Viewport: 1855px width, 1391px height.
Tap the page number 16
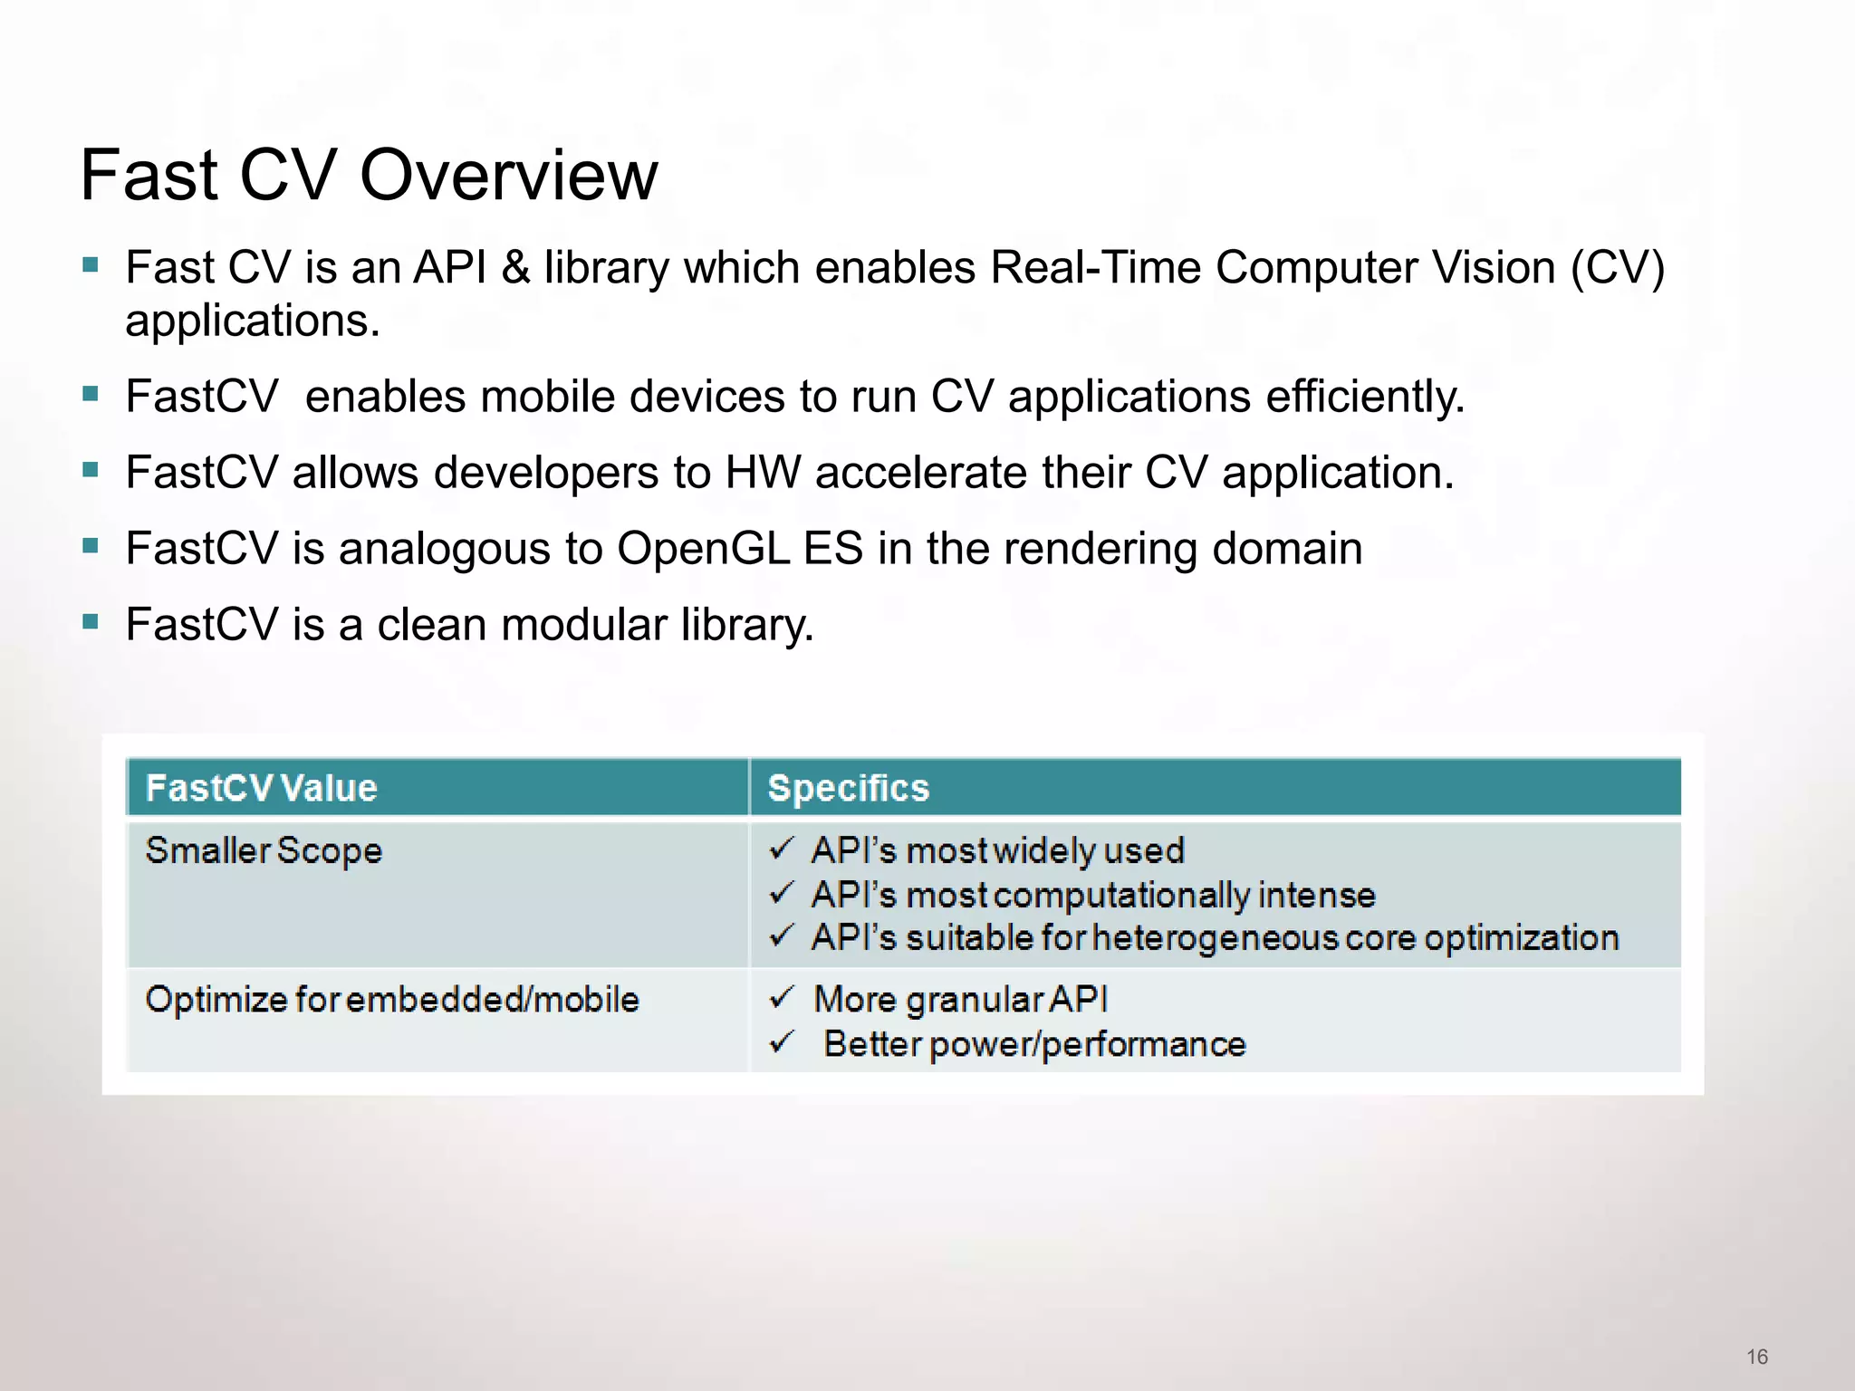[x=1757, y=1357]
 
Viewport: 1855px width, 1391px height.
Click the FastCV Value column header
[x=261, y=788]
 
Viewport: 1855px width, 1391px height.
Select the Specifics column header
[x=849, y=788]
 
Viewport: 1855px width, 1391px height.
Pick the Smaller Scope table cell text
[x=264, y=851]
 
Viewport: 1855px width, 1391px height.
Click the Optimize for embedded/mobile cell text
[x=392, y=1000]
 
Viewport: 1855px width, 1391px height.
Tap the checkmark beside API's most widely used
[x=782, y=849]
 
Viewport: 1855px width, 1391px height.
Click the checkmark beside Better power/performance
[x=782, y=1043]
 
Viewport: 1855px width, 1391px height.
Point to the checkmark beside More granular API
[x=782, y=999]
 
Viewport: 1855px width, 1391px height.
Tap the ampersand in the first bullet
[x=515, y=268]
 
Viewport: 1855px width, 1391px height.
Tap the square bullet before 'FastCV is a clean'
[x=90, y=622]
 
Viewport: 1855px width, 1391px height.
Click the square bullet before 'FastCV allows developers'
[x=90, y=470]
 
